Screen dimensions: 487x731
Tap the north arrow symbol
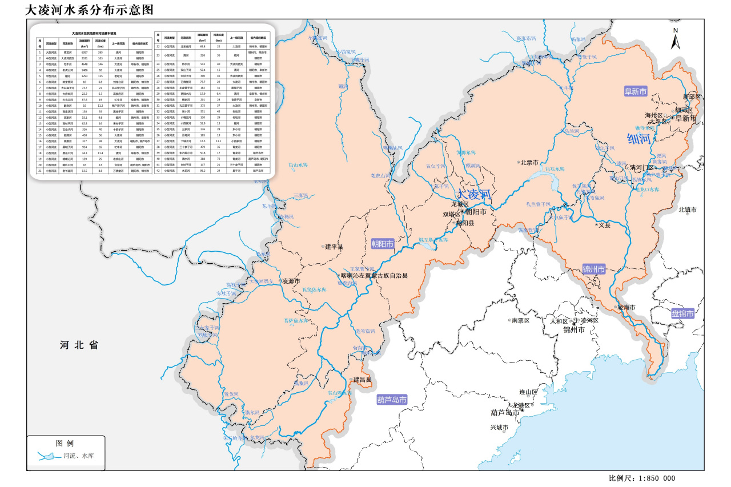[x=676, y=39]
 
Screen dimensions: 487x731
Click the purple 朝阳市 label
[x=383, y=244]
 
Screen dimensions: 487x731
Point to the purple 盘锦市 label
[x=682, y=313]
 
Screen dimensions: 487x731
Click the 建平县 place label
[x=334, y=247]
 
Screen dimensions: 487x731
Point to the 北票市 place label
[x=529, y=162]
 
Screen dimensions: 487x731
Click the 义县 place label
[x=604, y=225]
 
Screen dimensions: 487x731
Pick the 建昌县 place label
[x=362, y=380]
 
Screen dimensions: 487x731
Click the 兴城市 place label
[x=499, y=427]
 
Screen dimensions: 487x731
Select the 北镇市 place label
[x=688, y=210]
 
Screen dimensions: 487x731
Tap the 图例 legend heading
[x=65, y=444]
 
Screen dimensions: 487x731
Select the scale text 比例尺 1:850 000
[x=642, y=478]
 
